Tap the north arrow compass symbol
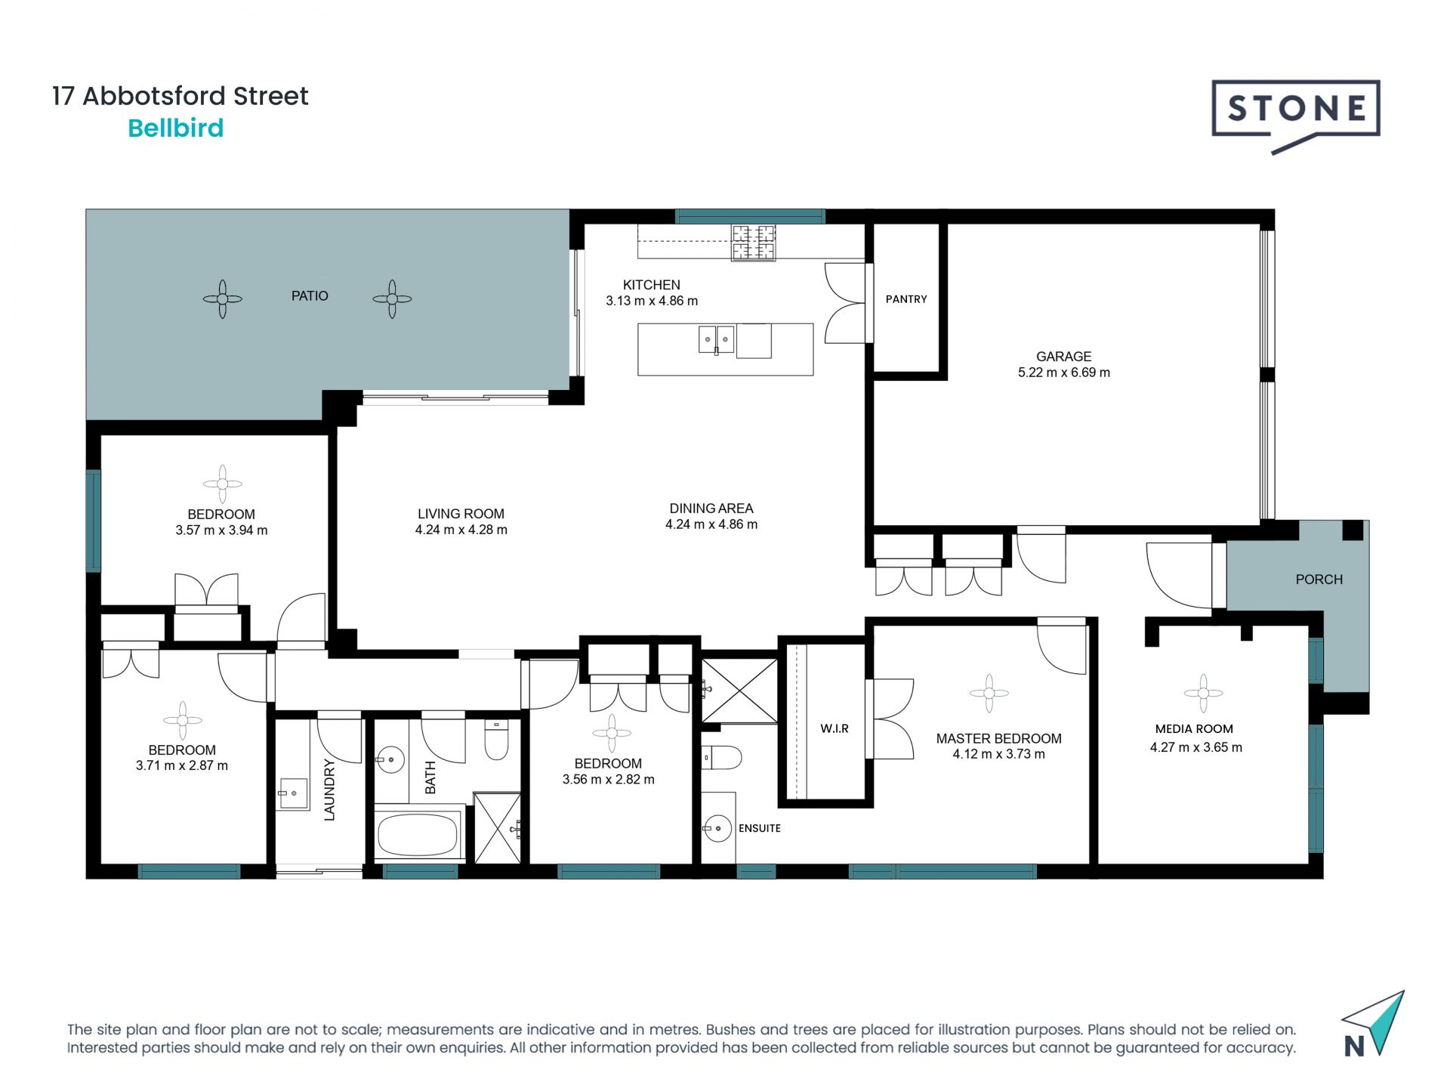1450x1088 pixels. coord(1373,1024)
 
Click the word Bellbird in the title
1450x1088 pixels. coord(176,128)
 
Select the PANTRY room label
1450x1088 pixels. coord(906,299)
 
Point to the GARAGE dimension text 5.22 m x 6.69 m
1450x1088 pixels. coord(1064,372)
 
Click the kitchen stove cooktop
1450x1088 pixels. coord(753,243)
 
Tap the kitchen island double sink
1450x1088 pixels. coord(716,339)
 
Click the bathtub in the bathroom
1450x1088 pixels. coord(418,835)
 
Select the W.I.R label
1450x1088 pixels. coord(835,728)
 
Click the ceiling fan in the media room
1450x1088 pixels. coord(1203,693)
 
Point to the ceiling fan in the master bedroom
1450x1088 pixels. coord(989,693)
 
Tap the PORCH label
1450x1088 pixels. coord(1319,580)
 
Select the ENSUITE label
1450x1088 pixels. coord(760,828)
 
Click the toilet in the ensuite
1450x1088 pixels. coord(722,757)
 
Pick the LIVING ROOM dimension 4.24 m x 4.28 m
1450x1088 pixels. coord(461,530)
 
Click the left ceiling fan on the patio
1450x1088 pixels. coord(222,299)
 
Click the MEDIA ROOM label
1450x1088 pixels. coord(1194,729)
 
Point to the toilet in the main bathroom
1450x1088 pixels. coord(496,740)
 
